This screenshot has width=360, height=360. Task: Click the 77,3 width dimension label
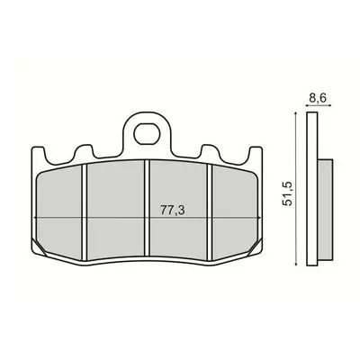coord(172,211)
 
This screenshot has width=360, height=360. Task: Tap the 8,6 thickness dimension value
coord(318,98)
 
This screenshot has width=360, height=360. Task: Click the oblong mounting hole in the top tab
coord(146,135)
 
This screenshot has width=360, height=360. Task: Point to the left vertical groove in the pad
coord(84,211)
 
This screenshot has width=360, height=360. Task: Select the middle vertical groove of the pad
coord(147,208)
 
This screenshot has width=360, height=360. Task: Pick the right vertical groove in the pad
coord(210,211)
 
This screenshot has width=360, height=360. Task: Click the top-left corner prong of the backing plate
coord(38,153)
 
